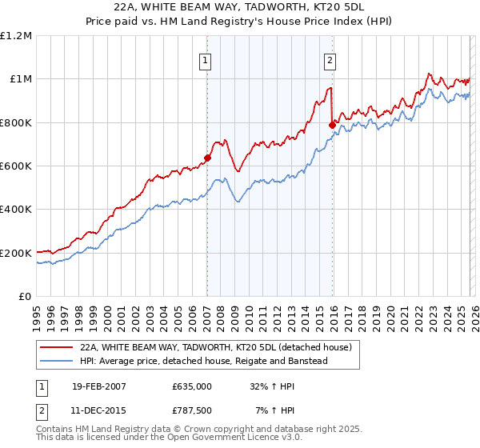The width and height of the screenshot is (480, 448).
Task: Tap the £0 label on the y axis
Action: [x=24, y=297]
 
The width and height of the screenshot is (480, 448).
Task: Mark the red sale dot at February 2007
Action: [x=207, y=158]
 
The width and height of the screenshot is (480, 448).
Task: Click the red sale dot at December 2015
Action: [x=332, y=125]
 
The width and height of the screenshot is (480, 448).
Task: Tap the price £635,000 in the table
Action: [x=192, y=386]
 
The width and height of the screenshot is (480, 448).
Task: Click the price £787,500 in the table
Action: [x=192, y=412]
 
